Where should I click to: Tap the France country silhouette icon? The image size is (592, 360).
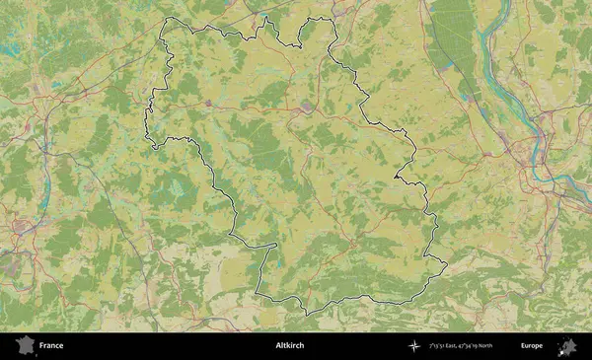[x=24, y=346]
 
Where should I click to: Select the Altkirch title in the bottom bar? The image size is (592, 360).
[x=290, y=346]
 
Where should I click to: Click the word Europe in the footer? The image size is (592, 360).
[x=532, y=346]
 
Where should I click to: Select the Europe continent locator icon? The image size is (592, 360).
[x=567, y=346]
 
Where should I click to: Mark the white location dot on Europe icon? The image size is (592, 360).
[x=565, y=347]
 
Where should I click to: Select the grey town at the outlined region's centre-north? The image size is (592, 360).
[x=308, y=106]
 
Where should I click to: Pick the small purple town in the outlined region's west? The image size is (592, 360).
[x=210, y=102]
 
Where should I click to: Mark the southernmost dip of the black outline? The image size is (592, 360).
[x=307, y=314]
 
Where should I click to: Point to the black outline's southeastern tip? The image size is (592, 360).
[x=446, y=264]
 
